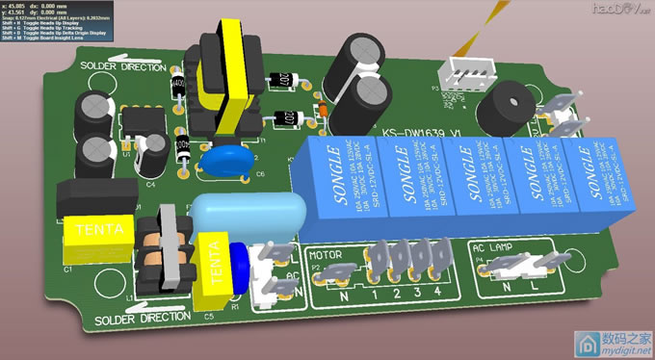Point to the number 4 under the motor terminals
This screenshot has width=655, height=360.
pos(437,292)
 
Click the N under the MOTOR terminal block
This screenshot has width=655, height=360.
pos(344,298)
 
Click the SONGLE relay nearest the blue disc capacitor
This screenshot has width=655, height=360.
pos(338,178)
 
